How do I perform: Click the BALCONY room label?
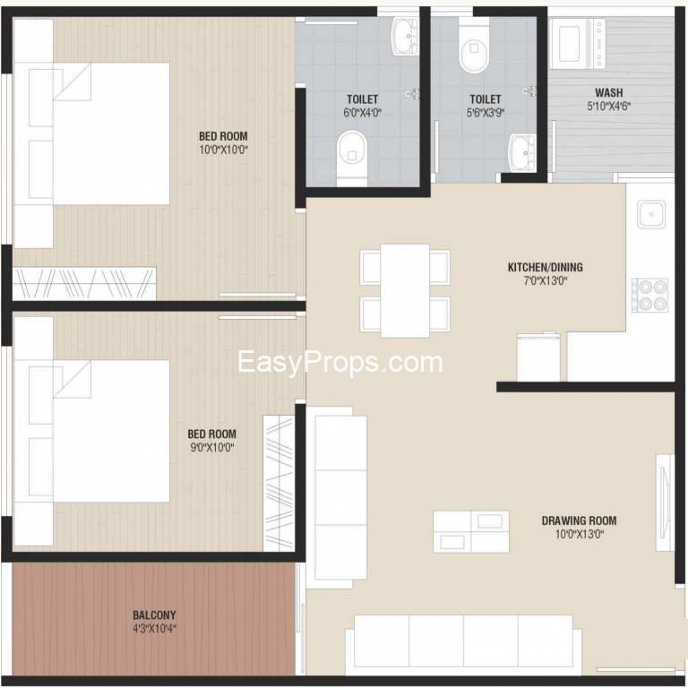[x=154, y=615]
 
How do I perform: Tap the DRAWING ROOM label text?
[x=580, y=520]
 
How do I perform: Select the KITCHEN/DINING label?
[x=546, y=267]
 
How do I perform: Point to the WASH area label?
[x=609, y=92]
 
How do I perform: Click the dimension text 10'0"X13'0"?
[x=580, y=534]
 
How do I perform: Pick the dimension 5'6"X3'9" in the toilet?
[x=486, y=113]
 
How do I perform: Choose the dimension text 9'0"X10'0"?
[x=212, y=448]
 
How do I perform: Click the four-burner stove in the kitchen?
[x=649, y=295]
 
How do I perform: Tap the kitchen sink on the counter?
[x=651, y=214]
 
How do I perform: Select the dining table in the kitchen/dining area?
[x=405, y=290]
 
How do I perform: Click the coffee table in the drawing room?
[x=471, y=531]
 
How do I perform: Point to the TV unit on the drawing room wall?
[x=665, y=502]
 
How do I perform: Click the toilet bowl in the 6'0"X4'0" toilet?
[x=352, y=157]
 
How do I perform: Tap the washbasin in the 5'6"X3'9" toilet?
[x=522, y=152]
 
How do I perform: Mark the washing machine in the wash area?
[x=577, y=43]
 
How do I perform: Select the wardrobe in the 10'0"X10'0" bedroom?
[x=84, y=283]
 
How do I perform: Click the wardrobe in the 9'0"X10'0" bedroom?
[x=279, y=483]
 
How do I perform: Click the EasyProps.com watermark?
[x=340, y=363]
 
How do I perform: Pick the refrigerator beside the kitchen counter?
[x=538, y=357]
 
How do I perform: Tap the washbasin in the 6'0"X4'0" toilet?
[x=405, y=37]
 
